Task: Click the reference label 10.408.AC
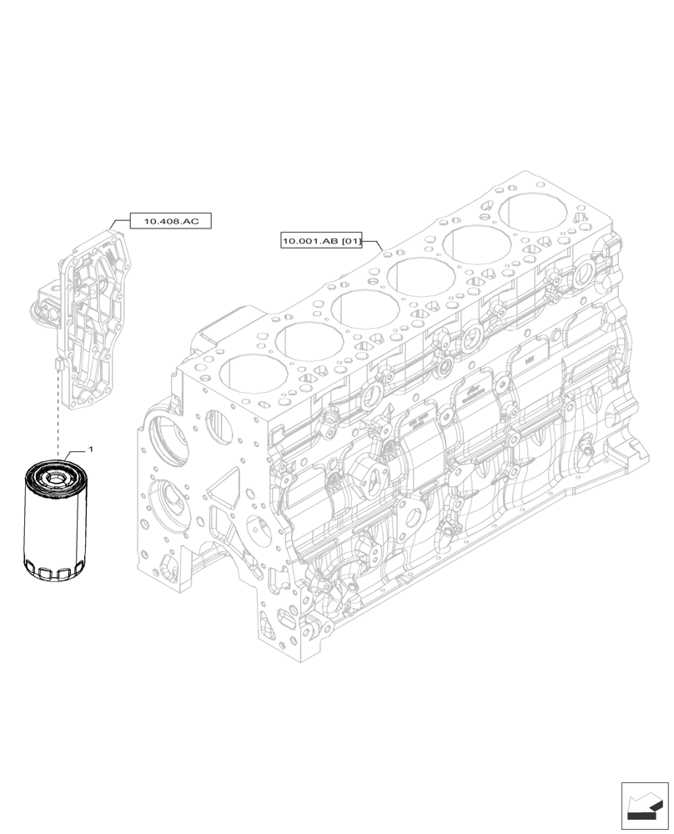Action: coord(171,221)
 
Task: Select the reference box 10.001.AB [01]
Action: coord(321,242)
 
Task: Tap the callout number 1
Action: coord(90,450)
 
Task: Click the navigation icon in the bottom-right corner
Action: coord(644,806)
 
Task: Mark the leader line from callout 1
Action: coord(75,455)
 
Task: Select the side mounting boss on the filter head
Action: coord(43,302)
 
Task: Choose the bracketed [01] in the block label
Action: coord(350,242)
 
